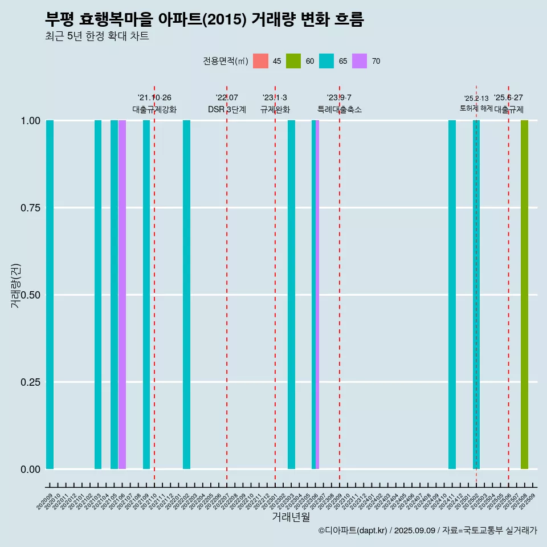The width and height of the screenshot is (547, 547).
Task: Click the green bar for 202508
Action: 524,295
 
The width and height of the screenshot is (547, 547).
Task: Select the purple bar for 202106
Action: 122,295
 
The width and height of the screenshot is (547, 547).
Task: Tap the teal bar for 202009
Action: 50,295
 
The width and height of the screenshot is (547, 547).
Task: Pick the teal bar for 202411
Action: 452,295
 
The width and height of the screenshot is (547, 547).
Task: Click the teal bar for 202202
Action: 186,295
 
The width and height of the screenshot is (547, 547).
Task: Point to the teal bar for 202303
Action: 291,295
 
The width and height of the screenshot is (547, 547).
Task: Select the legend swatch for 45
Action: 260,61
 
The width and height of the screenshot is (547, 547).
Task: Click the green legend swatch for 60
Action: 293,61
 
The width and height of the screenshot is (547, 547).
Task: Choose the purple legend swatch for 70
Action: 360,61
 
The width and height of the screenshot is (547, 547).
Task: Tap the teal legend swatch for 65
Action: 326,61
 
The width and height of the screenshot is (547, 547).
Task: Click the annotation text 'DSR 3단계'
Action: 227,109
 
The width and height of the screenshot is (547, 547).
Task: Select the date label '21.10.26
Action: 154,97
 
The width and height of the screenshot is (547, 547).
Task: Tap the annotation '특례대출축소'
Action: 340,109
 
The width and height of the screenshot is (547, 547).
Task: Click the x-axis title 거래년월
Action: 291,517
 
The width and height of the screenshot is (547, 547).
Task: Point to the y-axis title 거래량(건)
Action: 16,285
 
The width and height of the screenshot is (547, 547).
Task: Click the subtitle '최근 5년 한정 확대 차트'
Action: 97,36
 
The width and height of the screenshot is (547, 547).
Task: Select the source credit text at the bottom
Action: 427,530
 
